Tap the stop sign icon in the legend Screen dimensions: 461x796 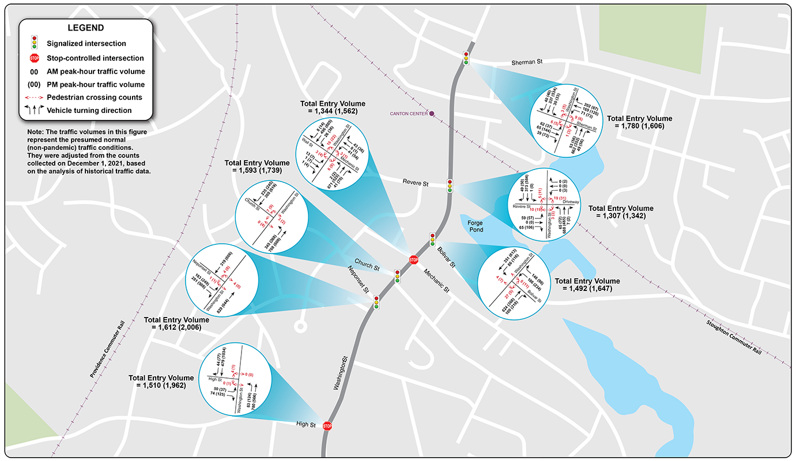click(x=35, y=58)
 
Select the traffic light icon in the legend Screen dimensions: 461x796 click(x=35, y=43)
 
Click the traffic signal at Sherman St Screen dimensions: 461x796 click(x=466, y=58)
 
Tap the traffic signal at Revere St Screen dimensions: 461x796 click(x=450, y=186)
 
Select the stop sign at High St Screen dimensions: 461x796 click(x=327, y=426)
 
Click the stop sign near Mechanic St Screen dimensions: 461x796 click(x=413, y=260)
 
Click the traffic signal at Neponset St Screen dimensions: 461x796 click(x=376, y=302)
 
